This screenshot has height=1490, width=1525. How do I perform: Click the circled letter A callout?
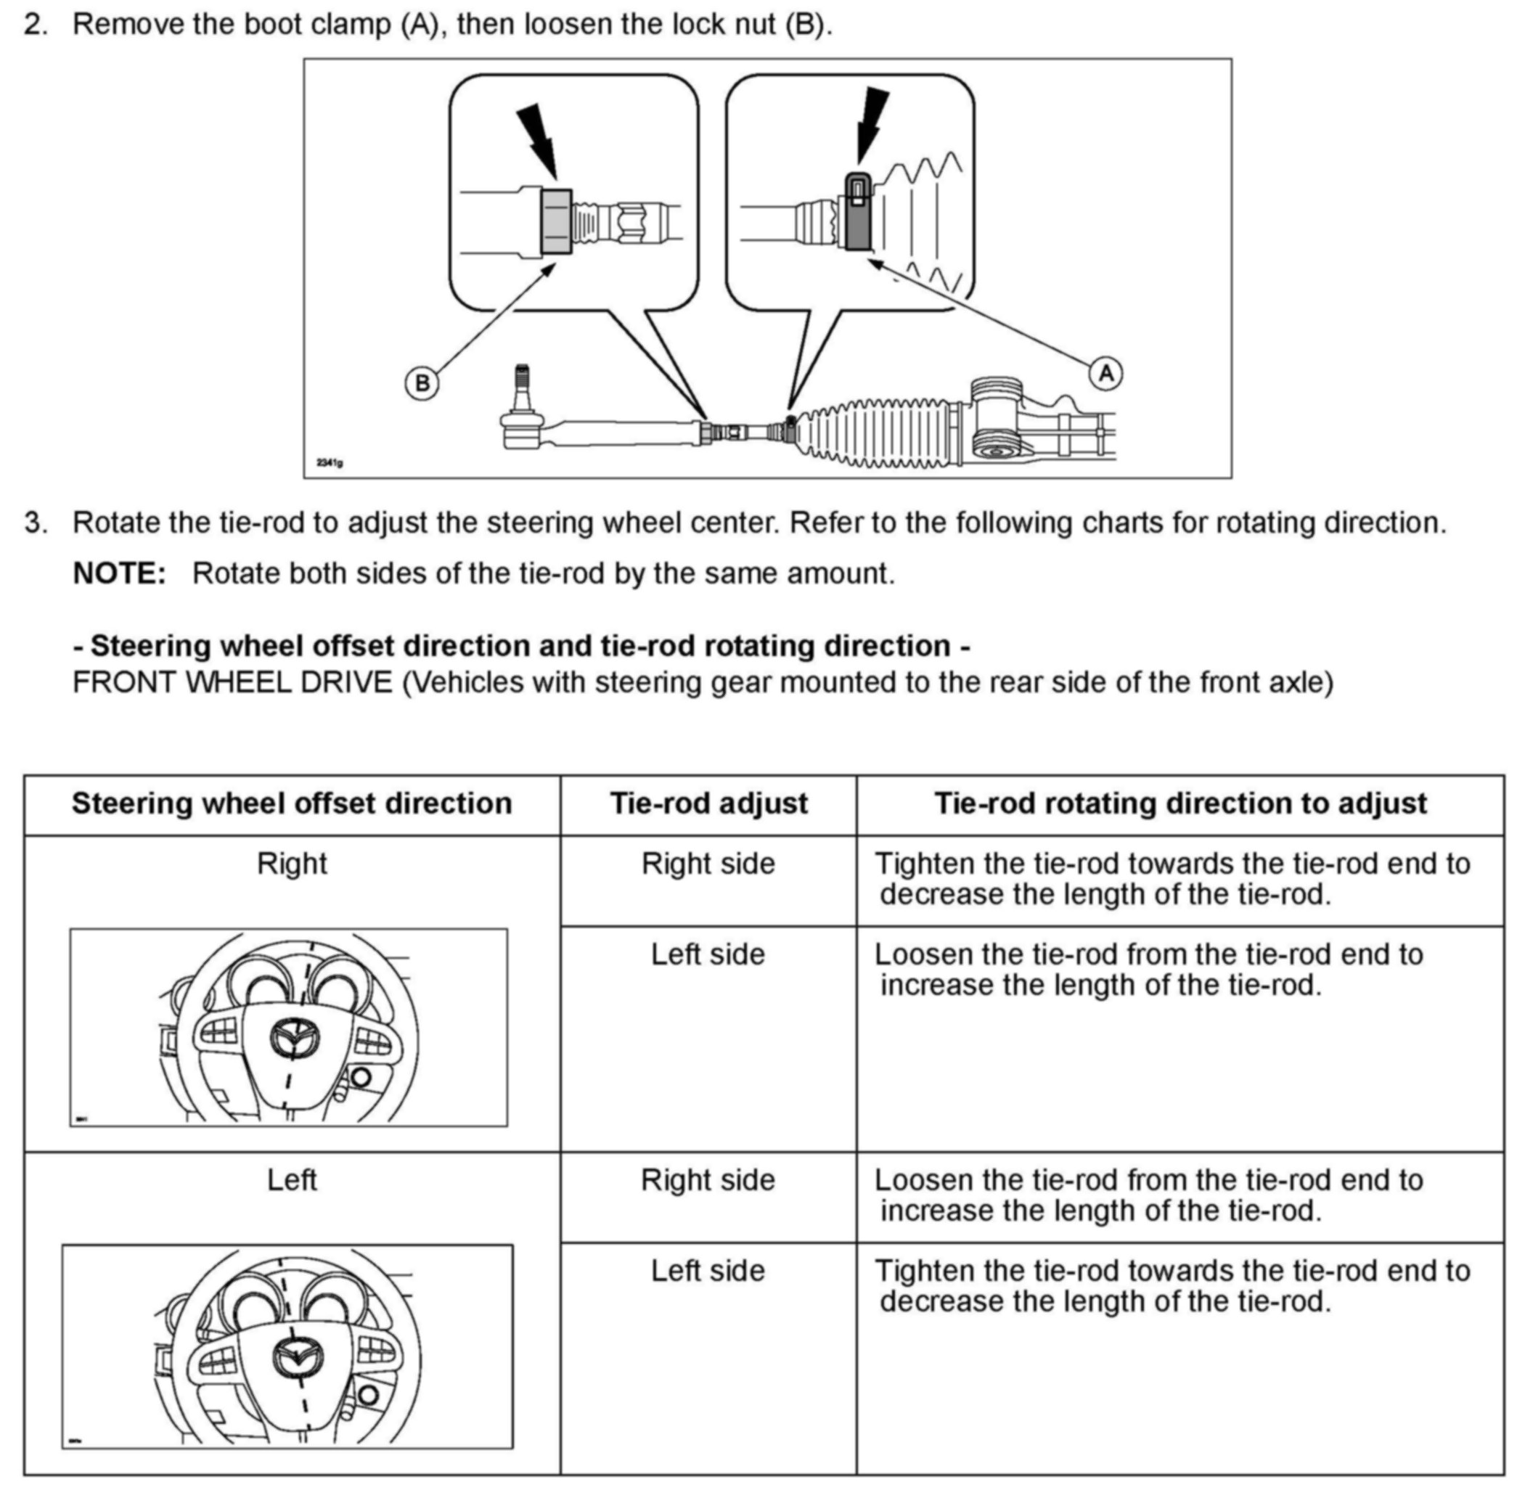(1105, 373)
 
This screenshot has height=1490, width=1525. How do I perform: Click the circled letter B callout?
(422, 383)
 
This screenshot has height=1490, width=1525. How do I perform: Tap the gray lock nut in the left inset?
(555, 221)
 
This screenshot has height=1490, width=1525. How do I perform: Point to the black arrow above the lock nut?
(539, 141)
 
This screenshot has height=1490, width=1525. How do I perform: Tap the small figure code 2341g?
(330, 462)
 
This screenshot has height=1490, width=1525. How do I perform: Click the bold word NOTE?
(120, 573)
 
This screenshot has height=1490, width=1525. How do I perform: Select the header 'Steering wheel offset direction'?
(292, 803)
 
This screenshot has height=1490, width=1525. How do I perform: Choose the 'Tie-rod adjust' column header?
(708, 803)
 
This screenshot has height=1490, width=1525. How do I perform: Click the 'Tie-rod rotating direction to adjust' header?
(1180, 803)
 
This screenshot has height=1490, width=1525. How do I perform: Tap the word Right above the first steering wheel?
(292, 864)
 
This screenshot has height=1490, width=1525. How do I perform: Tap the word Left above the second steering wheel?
(292, 1180)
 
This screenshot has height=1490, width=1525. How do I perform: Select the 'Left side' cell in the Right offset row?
(708, 954)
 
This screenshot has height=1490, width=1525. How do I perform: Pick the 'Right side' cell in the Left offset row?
(708, 1180)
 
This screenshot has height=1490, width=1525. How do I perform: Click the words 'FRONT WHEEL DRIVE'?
(232, 682)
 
